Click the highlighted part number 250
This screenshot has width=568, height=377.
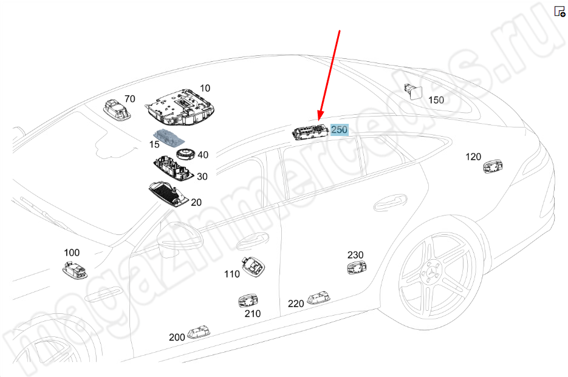pyautogui.click(x=339, y=129)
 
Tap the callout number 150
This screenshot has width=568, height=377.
pyautogui.click(x=436, y=100)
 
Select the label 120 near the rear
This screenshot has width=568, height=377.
pyautogui.click(x=473, y=157)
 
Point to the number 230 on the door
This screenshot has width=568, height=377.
pyautogui.click(x=355, y=254)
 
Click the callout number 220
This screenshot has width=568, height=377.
pyautogui.click(x=296, y=304)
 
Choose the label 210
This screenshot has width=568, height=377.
pyautogui.click(x=252, y=313)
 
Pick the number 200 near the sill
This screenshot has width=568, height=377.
pyautogui.click(x=177, y=338)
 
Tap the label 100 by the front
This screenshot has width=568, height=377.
pyautogui.click(x=72, y=252)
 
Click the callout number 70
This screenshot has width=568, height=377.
pyautogui.click(x=129, y=99)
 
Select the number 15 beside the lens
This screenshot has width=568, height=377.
pyautogui.click(x=154, y=144)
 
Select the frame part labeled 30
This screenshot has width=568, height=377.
pyautogui.click(x=172, y=167)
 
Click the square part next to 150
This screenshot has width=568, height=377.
pyautogui.click(x=415, y=90)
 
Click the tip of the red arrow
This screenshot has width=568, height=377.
pyautogui.click(x=320, y=119)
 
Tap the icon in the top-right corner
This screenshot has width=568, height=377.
pyautogui.click(x=559, y=12)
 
